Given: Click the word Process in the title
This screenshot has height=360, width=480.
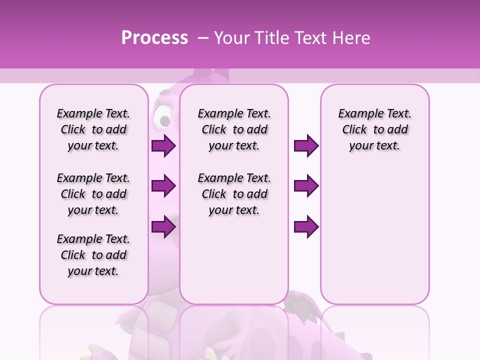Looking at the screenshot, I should pos(154,38).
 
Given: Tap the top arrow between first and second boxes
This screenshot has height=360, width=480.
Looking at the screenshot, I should pos(163,145).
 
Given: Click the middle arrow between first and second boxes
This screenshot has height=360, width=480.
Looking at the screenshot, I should pos(163,186).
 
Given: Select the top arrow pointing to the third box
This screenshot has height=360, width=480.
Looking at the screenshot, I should pos(306,145).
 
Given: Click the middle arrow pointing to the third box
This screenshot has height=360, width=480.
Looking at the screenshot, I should pos(306,186).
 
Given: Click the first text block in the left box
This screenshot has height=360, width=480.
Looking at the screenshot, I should pos(93,129).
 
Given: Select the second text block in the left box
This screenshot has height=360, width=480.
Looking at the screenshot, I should pos(93,194).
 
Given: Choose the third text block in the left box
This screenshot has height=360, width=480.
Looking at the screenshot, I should pos(93,255).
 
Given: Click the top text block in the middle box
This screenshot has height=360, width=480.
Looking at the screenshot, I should pos(234,129).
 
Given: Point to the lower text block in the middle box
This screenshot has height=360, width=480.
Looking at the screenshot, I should pos(234,194).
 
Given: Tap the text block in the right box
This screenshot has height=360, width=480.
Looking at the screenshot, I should pos(374,129).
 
